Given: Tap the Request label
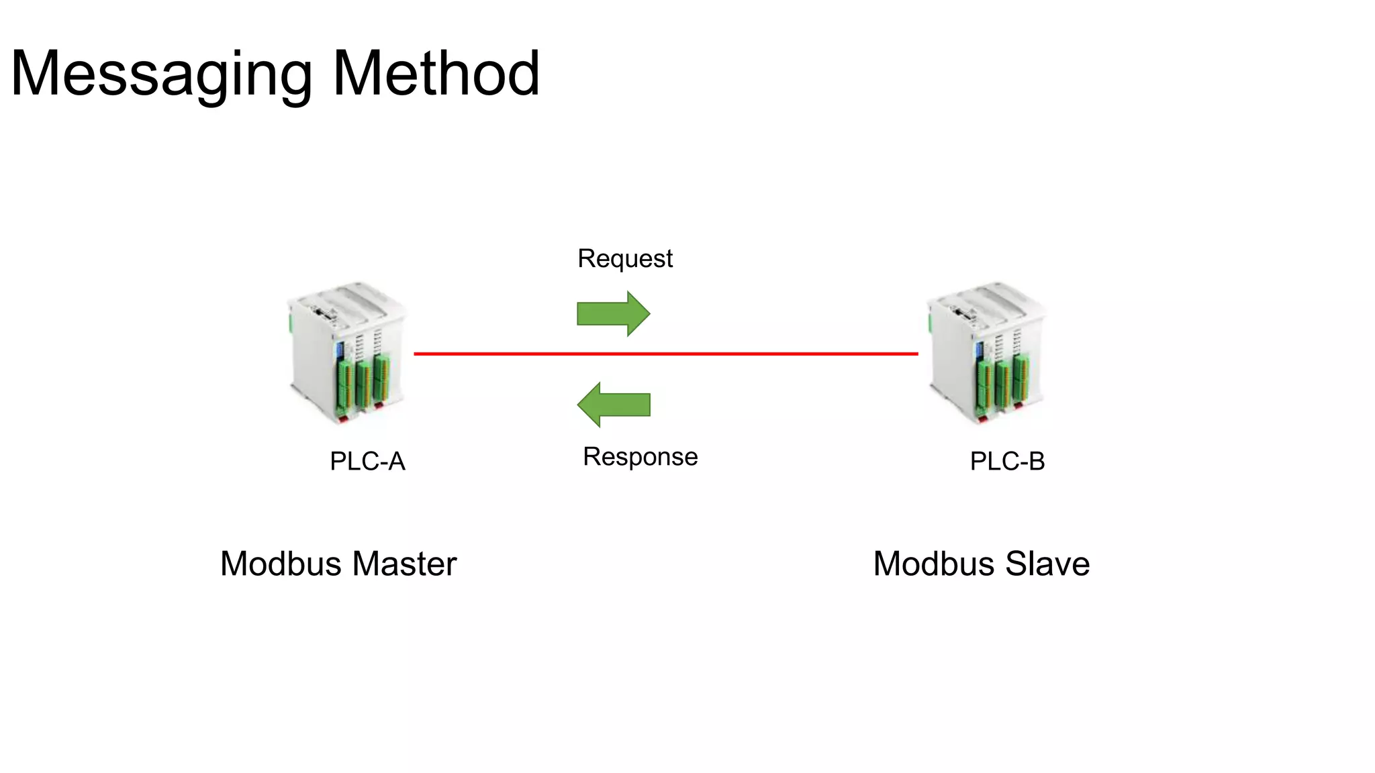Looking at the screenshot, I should [624, 258].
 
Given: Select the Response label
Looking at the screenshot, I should [640, 457].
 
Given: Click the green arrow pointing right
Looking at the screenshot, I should [613, 313].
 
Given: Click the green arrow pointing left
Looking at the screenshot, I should [613, 405].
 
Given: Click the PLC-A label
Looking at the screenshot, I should [367, 462].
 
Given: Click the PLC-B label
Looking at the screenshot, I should [1007, 462].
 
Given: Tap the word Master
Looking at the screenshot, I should [404, 564].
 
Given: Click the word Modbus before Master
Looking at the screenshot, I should [281, 564].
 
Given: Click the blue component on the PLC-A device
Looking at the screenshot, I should [340, 350].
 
